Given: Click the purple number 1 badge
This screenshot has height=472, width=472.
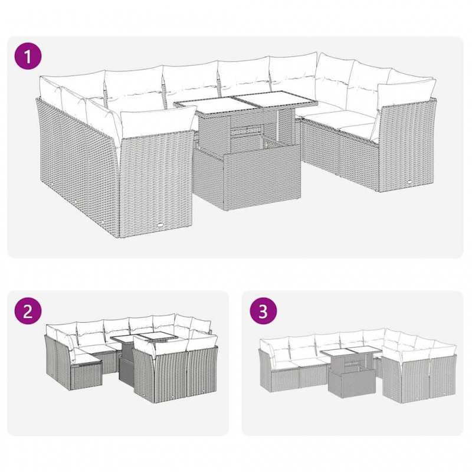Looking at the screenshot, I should coord(28,57).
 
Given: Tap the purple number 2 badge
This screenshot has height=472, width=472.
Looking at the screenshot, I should coord(28,312).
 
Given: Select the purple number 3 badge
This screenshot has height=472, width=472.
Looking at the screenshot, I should coord(263,312).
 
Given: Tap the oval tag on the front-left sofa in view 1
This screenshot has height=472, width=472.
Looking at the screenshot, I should coord(161,225).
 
